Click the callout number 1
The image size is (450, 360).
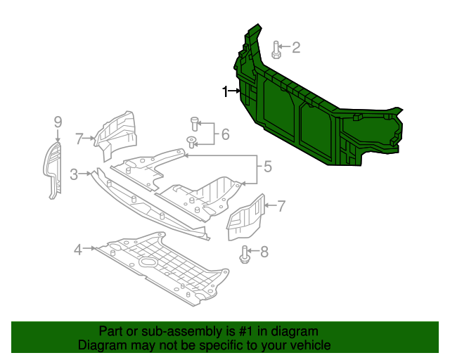point(226,91)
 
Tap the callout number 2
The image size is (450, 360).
point(296,47)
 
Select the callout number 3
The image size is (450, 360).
point(75,174)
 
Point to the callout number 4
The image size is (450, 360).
point(78,248)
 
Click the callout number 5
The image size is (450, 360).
point(267,167)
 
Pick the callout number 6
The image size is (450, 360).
point(225,134)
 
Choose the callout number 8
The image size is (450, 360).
point(264,252)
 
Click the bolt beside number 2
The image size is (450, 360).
point(276,49)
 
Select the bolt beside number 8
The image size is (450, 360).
point(245,254)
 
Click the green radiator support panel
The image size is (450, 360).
point(316,112)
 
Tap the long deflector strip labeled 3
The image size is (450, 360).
point(148,204)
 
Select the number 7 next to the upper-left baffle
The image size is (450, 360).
point(79,138)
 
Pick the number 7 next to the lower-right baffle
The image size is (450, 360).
point(281,206)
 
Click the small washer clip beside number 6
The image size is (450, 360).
point(191,143)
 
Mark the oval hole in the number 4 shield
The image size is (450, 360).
point(150,262)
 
